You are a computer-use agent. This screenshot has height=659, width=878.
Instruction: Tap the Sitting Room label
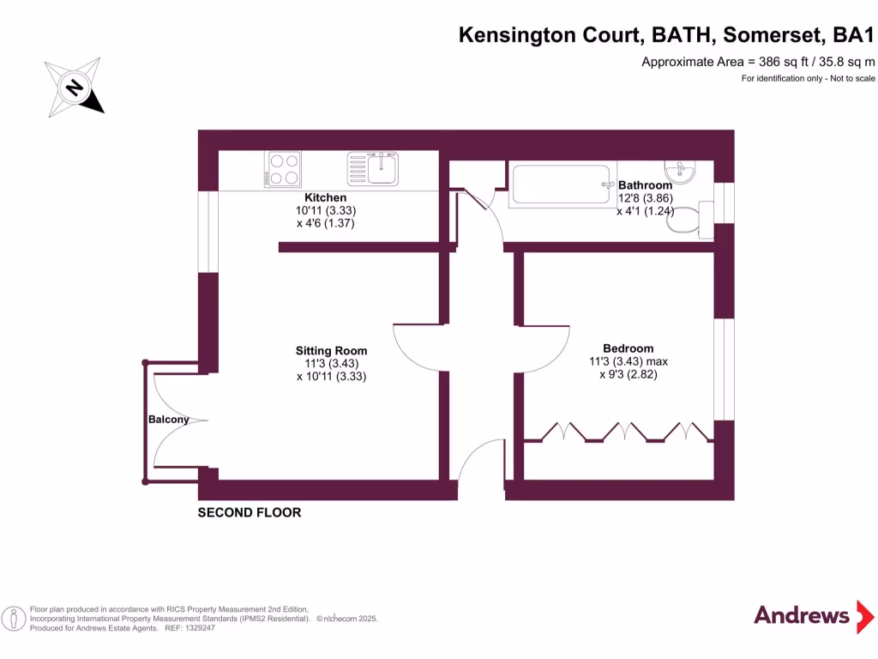coord(331,351)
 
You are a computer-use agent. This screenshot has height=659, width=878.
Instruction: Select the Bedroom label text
coord(628,348)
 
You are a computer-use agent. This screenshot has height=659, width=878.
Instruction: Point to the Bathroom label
coord(645,185)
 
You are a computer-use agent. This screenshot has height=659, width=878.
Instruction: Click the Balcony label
coord(168,420)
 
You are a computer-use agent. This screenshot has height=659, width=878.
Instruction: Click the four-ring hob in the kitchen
coord(284,169)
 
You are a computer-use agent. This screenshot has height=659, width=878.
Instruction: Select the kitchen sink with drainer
coord(373,168)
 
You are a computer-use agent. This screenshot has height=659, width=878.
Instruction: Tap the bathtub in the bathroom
coord(562,184)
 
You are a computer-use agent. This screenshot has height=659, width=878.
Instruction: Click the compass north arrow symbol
coord(76,88)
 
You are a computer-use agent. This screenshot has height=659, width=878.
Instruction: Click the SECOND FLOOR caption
coord(250,513)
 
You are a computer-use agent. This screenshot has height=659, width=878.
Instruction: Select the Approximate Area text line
coord(758,62)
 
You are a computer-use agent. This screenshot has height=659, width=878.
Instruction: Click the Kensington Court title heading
coord(666,35)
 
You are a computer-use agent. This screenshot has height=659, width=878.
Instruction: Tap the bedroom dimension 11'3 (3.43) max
coord(628,362)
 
